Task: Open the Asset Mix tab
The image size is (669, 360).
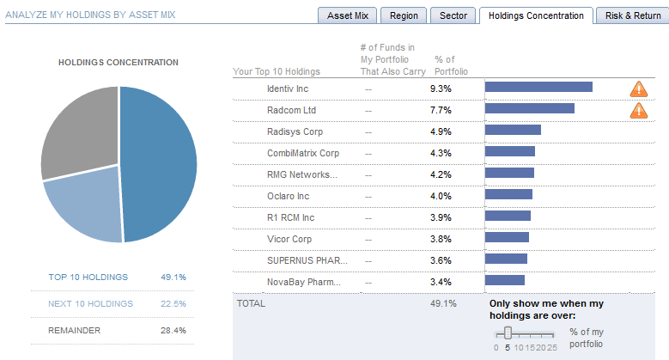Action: point(349,16)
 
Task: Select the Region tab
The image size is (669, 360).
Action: point(404,16)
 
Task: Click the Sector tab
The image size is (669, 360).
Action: point(453,16)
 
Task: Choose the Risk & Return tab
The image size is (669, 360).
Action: point(633,16)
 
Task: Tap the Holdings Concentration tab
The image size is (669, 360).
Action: point(536,16)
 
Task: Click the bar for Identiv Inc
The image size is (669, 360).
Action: point(538,87)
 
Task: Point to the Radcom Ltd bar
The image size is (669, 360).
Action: point(530,108)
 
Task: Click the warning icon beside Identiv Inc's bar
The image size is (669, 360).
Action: point(639,88)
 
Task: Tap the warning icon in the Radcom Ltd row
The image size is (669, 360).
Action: point(639,110)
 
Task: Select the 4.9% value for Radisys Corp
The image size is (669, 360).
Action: point(441,131)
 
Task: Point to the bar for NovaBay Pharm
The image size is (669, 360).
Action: point(505,280)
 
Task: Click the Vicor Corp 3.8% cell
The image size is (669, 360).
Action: point(441,238)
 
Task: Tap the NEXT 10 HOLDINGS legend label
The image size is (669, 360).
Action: point(91,303)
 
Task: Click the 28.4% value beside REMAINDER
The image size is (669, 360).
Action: point(173,330)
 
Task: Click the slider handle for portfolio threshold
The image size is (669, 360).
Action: point(508,333)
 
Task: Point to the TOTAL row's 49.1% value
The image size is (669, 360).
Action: point(443,303)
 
